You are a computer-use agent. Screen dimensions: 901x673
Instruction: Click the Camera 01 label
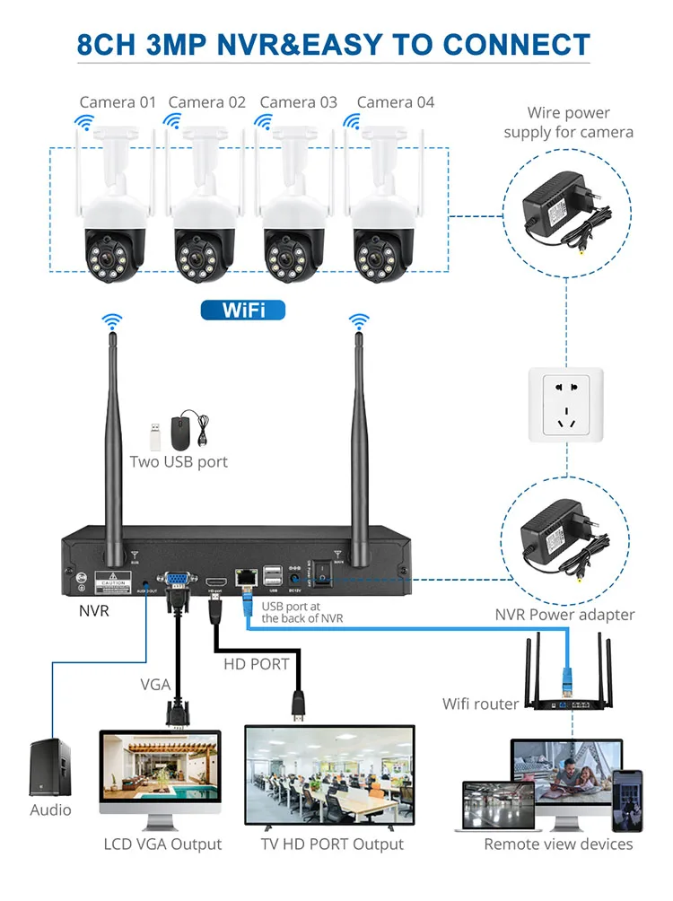point(118,102)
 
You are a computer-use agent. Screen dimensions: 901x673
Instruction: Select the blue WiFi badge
point(241,311)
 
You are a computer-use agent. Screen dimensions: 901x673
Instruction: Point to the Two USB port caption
point(179,462)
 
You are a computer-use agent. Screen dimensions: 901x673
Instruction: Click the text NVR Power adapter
point(564,615)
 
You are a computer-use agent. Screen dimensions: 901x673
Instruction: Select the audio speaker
point(50,766)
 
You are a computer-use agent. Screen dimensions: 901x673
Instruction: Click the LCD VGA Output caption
point(162,844)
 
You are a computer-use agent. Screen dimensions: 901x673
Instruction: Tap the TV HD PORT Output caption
point(332,844)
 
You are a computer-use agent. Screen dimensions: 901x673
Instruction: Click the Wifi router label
point(480,704)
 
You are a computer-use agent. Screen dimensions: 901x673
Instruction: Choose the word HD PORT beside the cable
point(256,664)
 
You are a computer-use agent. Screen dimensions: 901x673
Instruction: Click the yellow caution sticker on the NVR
point(112,583)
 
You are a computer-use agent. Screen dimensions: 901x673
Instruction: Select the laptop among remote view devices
point(497,805)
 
